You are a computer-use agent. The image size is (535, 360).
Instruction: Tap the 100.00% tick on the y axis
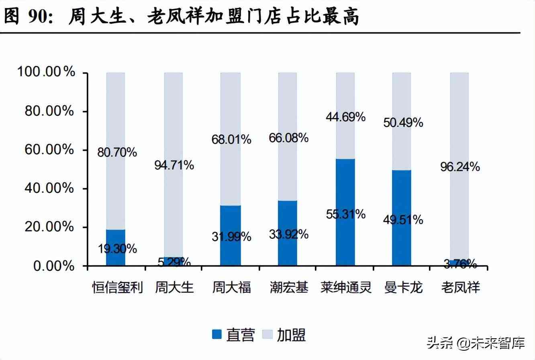click(46, 72)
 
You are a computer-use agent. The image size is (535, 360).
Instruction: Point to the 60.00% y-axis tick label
click(49, 150)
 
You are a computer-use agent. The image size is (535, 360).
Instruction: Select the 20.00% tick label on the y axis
click(49, 227)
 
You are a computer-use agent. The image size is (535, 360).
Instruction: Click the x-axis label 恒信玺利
click(117, 288)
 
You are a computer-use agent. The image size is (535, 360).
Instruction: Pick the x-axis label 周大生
click(174, 288)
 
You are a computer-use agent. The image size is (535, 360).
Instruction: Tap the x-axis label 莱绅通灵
click(346, 288)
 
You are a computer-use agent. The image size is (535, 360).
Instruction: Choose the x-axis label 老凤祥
click(460, 288)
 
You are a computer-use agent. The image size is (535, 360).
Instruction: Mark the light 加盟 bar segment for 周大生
click(174, 121)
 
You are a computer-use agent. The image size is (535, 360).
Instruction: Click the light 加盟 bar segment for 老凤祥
click(459, 121)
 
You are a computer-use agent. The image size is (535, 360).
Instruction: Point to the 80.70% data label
click(117, 153)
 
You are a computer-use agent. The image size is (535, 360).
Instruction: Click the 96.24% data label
click(460, 167)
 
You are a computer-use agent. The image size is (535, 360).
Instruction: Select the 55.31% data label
click(346, 214)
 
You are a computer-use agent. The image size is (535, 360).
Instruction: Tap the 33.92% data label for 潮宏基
click(288, 234)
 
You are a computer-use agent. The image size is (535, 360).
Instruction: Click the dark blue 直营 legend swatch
click(217, 334)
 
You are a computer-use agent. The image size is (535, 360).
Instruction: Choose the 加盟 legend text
click(291, 335)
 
